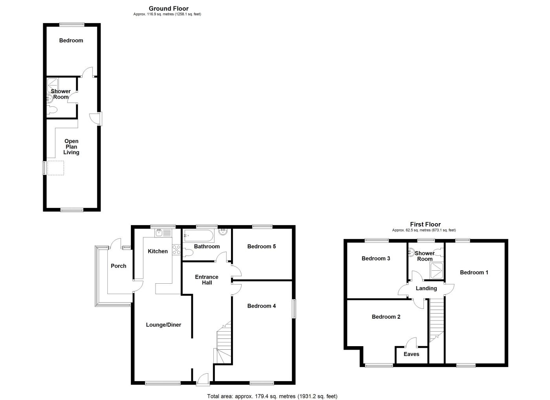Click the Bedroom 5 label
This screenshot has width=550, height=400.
coord(262,246)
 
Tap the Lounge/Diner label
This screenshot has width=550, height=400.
coord(163,325)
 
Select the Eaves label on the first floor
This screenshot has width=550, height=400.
coord(411,354)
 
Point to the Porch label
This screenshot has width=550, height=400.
coord(118,266)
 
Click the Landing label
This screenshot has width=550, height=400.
coord(426,288)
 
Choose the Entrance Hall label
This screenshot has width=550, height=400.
coord(207,280)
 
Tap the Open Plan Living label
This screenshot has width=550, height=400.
coord(71,147)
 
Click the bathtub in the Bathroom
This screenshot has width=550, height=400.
coord(198,236)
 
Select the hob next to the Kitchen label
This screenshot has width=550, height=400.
coord(176,250)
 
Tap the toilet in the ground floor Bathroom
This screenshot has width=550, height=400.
coord(188,253)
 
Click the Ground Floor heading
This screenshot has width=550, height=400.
coord(169,8)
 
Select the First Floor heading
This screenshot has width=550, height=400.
coord(425,224)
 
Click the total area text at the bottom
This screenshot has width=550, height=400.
coord(272,396)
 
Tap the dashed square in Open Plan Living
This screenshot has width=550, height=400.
coord(55,168)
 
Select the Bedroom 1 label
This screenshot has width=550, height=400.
coord(474,272)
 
